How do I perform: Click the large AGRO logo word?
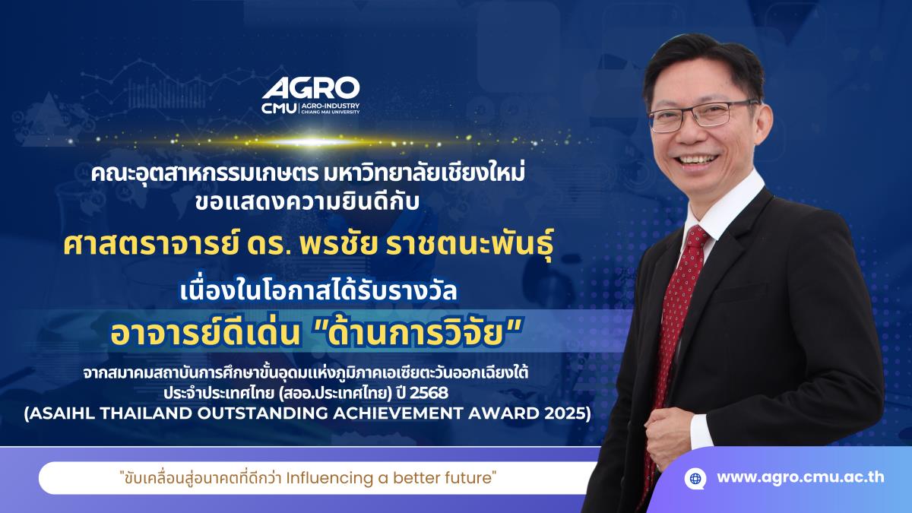(x=311, y=87)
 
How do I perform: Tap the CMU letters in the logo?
(x=280, y=109)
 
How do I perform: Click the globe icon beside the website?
(x=695, y=478)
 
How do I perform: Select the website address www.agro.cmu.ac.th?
(x=800, y=477)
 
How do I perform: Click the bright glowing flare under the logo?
(x=313, y=141)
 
